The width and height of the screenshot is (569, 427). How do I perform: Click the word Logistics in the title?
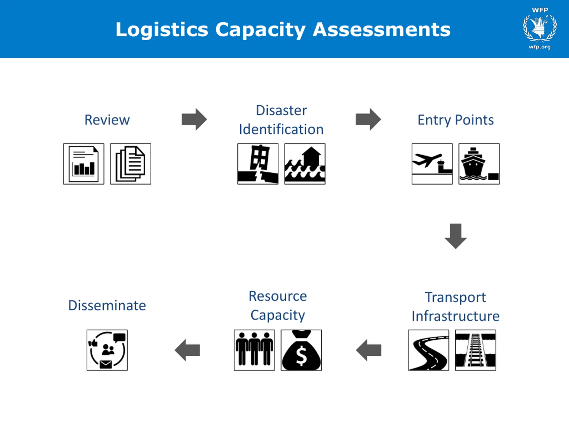coord(162,30)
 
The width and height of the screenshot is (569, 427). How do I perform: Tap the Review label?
coord(107,120)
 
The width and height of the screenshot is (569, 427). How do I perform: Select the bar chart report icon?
coord(84,164)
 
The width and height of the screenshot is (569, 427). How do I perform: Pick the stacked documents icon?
coord(130,164)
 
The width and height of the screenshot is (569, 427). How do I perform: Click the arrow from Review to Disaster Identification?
coord(194,119)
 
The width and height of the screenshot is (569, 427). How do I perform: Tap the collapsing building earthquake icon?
coord(258,164)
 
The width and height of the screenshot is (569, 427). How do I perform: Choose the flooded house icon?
coord(305,164)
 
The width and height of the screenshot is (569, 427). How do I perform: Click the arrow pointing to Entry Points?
coord(368,119)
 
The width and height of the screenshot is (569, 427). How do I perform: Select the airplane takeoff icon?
coord(432,164)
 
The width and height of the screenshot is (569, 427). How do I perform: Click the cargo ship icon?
coord(479,164)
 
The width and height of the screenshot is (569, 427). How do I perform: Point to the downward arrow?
coord(456,236)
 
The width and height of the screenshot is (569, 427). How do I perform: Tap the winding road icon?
coord(429,350)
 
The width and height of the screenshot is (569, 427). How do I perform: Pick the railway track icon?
coord(475,350)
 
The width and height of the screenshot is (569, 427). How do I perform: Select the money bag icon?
coord(301,350)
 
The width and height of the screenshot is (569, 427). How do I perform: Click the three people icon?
coord(254,350)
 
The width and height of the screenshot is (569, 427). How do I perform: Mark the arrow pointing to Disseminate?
coord(187,350)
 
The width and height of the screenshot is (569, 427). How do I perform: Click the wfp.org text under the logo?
coord(539,47)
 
